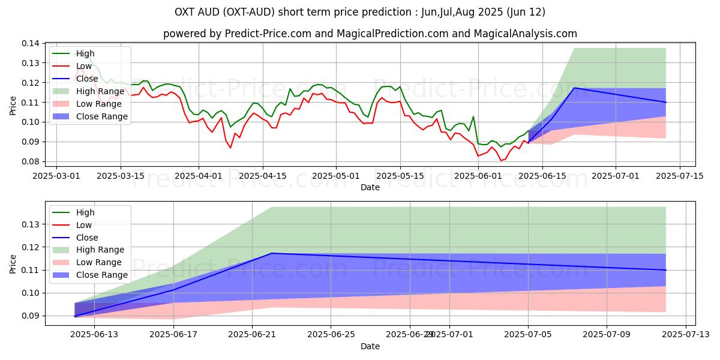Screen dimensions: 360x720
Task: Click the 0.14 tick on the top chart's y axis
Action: [31, 43]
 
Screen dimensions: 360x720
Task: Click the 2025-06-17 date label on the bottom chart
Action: [173, 334]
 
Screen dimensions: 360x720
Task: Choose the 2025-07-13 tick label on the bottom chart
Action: [685, 334]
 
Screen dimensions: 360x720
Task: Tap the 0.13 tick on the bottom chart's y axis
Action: [31, 224]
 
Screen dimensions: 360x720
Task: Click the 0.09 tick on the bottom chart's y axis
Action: [31, 316]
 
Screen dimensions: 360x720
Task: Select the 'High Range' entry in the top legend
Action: [100, 91]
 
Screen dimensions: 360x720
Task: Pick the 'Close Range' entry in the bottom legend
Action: [102, 275]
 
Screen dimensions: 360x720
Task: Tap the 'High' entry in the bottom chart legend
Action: [85, 212]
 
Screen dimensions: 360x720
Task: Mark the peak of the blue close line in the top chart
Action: [574, 88]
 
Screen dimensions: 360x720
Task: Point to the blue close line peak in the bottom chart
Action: [272, 253]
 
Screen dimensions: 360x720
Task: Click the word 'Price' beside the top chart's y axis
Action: [13, 105]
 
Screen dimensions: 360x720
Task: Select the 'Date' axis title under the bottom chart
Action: [370, 346]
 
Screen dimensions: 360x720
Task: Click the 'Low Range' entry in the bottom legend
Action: [100, 262]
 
